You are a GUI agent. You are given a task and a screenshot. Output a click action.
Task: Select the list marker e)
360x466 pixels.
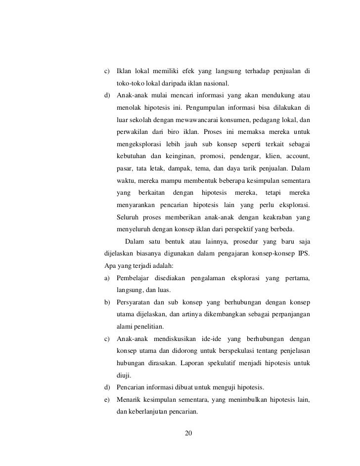(107, 400)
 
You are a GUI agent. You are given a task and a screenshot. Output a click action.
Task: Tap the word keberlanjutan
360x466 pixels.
(148, 412)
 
